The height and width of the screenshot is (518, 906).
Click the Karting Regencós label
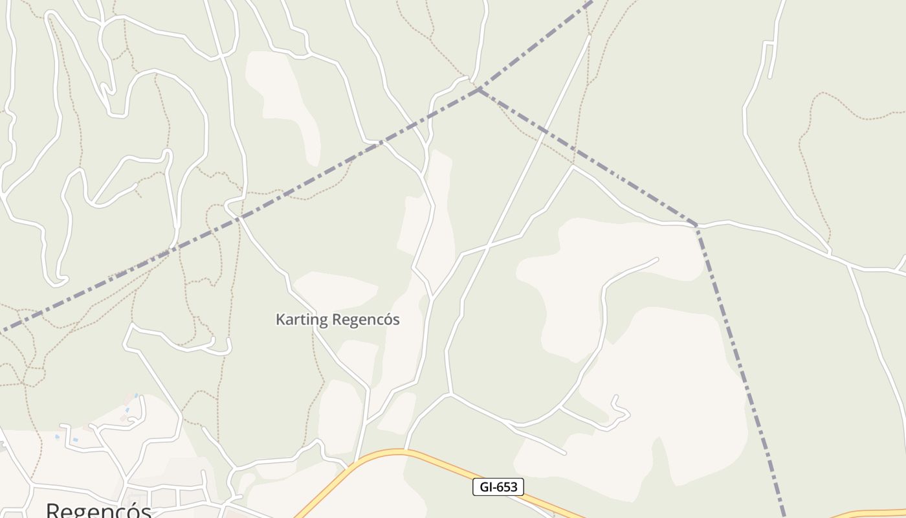[337, 319]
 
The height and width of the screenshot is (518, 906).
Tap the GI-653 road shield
[498, 487]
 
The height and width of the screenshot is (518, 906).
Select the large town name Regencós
[98, 510]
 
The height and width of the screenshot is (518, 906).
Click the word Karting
[302, 320]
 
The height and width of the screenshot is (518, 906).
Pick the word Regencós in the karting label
[366, 320]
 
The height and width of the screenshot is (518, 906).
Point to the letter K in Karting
[280, 319]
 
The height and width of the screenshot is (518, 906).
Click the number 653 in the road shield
[507, 487]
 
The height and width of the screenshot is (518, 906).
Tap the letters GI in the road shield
[485, 487]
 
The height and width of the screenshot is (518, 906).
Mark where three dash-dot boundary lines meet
[480, 89]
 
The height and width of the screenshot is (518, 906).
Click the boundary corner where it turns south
[696, 225]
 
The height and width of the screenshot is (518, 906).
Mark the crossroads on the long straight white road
[487, 245]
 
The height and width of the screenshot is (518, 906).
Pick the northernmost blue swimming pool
[136, 394]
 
